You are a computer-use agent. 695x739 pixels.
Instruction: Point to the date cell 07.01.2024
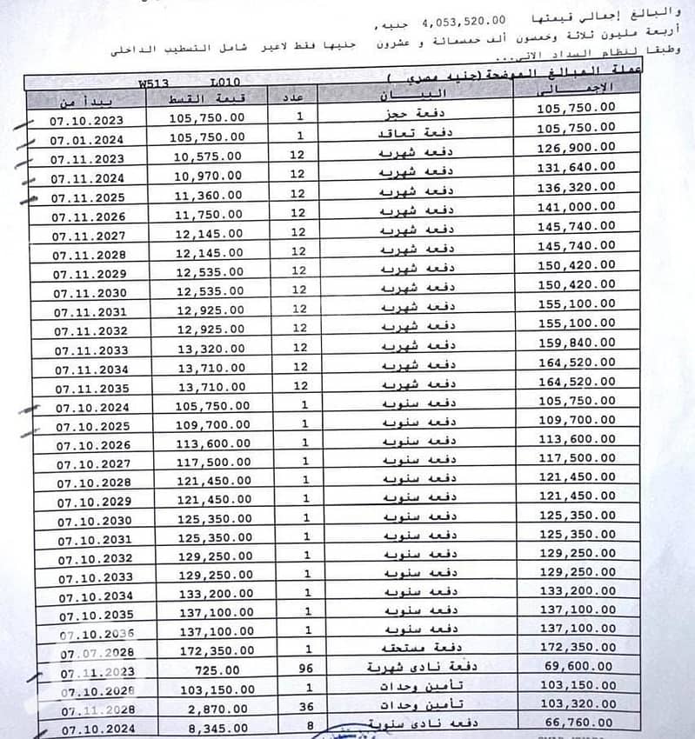(x=86, y=138)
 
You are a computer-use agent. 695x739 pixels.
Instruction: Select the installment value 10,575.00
(x=209, y=157)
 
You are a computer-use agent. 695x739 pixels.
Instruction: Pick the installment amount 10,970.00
(x=209, y=176)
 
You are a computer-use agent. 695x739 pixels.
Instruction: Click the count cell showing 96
(x=302, y=669)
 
